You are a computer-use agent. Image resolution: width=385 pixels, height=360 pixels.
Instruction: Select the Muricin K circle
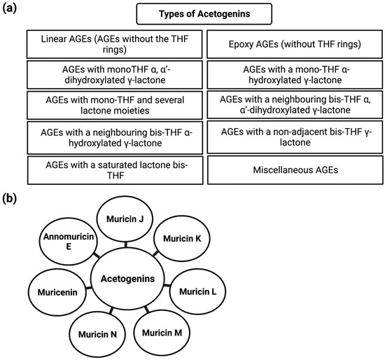[183, 239]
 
